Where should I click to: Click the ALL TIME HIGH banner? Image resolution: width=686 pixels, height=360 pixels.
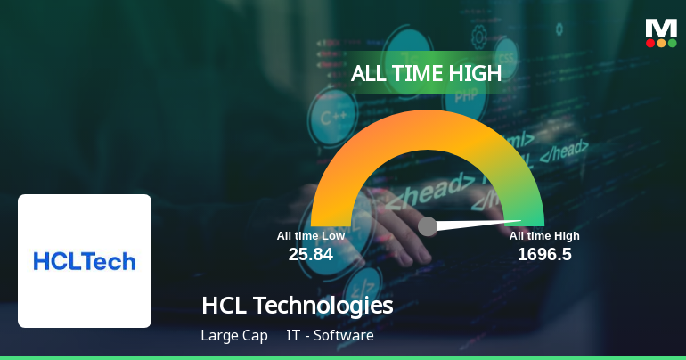(x=427, y=74)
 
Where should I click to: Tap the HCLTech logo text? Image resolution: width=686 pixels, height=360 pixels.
(x=85, y=261)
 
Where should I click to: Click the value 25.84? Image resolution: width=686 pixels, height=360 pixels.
(x=310, y=255)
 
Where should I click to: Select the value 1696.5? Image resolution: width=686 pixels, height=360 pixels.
(x=544, y=255)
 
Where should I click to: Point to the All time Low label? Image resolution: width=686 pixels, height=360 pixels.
(x=310, y=236)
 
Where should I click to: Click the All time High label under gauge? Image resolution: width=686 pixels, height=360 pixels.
(x=544, y=236)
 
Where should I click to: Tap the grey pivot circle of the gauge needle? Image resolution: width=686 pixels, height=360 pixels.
(x=428, y=226)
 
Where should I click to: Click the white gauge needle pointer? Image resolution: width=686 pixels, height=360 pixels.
(x=481, y=223)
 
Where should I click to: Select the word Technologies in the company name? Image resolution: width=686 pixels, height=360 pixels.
(x=323, y=306)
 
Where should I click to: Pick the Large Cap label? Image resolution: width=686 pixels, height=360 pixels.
(x=234, y=336)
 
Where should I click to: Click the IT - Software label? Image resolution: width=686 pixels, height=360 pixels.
(x=330, y=336)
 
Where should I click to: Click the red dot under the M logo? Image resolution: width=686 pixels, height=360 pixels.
(x=650, y=43)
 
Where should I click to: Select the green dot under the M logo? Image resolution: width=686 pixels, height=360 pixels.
(x=672, y=43)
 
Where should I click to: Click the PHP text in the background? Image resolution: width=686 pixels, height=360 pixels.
(x=466, y=96)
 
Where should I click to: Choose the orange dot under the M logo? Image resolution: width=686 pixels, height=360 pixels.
(x=661, y=43)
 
